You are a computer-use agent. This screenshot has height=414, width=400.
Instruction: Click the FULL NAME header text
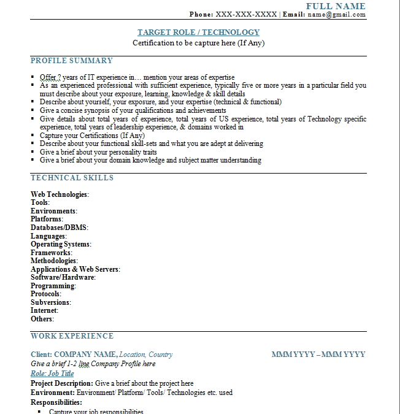point(336,6)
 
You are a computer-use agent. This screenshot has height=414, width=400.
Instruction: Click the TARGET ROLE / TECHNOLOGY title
point(198,33)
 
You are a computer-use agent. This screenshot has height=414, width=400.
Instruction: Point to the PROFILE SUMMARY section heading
point(72,61)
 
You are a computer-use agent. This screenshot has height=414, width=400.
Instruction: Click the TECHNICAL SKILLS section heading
point(72,178)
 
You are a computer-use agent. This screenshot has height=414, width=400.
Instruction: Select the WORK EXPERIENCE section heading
point(72,336)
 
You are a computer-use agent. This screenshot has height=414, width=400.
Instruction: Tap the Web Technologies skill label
point(59,194)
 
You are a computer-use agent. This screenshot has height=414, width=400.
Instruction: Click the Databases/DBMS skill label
point(59,228)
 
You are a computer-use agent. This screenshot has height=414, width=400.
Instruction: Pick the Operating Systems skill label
point(60,244)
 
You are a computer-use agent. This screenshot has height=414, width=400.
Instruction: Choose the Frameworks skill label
point(51,253)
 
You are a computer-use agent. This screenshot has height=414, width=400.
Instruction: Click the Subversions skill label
point(50,302)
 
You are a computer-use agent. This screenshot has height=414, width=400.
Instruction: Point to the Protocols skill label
point(45,294)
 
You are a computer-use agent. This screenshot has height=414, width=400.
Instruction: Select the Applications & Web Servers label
point(75,269)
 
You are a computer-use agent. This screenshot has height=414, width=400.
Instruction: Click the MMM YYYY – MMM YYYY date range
point(318,355)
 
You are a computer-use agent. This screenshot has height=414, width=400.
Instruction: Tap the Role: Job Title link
point(52,374)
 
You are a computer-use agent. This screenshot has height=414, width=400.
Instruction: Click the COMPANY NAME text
point(85,355)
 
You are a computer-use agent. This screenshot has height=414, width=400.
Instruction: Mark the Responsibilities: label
point(56,402)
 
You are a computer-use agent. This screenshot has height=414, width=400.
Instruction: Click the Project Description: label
point(62,383)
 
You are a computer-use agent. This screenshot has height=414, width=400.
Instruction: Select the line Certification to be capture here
point(198,44)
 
